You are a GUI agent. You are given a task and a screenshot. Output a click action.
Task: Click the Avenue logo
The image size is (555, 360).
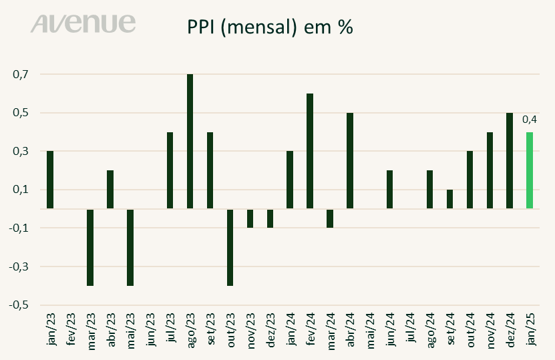[x=83, y=24]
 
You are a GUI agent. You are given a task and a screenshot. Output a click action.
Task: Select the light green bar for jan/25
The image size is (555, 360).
[x=530, y=170]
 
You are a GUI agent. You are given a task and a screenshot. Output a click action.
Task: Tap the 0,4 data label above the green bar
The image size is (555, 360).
[x=530, y=120]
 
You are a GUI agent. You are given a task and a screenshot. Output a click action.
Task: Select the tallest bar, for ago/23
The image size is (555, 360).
[x=190, y=142]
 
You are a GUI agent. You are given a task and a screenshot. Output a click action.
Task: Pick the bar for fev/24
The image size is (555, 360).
[x=310, y=151]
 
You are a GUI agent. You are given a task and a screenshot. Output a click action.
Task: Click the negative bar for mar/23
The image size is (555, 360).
[x=90, y=247]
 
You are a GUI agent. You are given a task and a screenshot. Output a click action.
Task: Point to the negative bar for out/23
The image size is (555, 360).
[x=230, y=247]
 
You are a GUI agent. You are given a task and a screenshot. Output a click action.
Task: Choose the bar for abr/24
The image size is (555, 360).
[x=350, y=161]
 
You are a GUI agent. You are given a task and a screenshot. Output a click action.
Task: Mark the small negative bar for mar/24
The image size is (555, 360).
[x=330, y=218]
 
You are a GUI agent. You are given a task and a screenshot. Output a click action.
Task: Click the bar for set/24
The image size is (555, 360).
[x=449, y=199]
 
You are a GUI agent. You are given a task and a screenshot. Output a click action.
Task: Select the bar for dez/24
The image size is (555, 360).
[x=510, y=161]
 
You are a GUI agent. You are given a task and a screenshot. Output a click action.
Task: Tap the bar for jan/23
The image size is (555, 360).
[x=50, y=180]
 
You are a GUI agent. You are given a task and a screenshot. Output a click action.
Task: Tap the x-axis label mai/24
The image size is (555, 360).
[x=371, y=329]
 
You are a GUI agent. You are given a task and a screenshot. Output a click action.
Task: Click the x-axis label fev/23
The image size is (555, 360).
[x=71, y=329]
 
